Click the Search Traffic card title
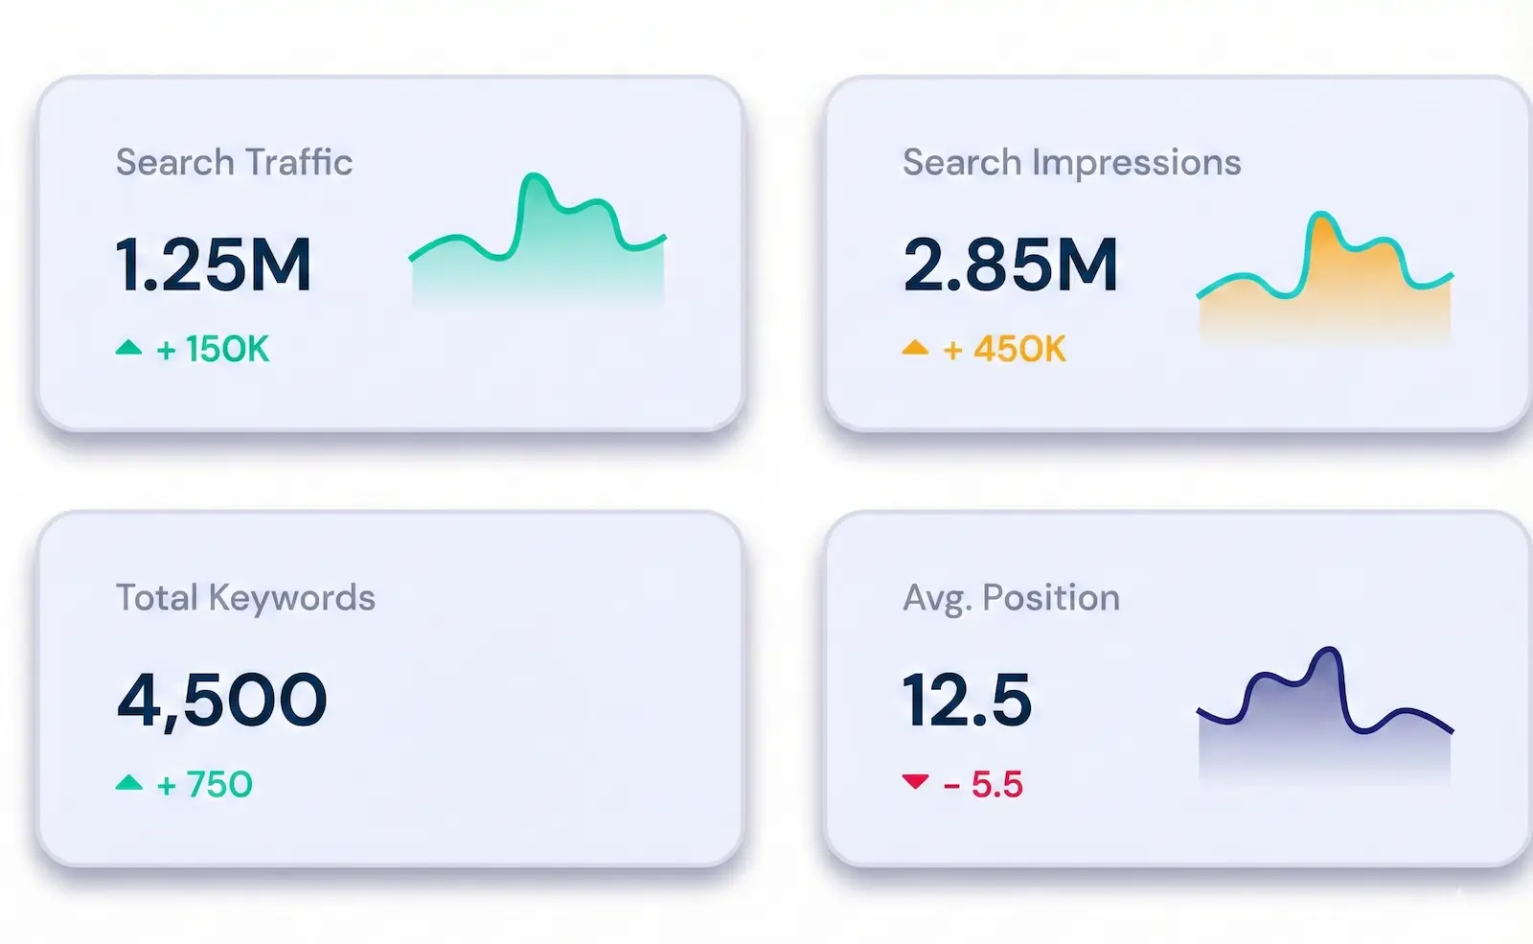point(234,162)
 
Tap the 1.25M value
point(213,265)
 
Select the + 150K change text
point(214,349)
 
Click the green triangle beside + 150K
point(128,348)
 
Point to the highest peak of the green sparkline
point(534,177)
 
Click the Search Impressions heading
point(1071,162)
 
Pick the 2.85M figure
point(1010,265)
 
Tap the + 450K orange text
point(1004,349)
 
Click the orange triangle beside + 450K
point(915,348)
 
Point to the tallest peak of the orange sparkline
point(1322,216)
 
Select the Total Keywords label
point(245,597)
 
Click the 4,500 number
point(221,700)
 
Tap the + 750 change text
point(204,785)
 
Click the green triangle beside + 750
point(128,783)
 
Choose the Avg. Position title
point(1011,597)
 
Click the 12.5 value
point(967,700)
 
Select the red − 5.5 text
point(983,785)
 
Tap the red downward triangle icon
point(915,781)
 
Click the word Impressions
point(1136,163)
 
